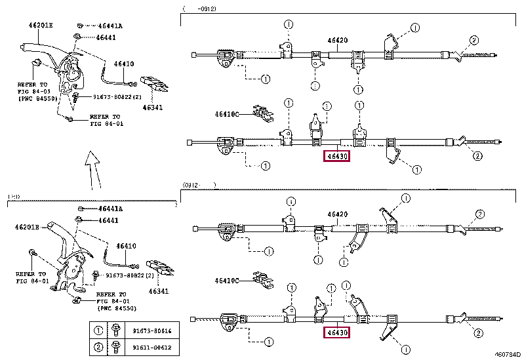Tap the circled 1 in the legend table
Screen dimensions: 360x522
coord(98,331)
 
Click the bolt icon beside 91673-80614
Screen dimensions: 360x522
coord(116,331)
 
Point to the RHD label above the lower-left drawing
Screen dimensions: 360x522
coord(14,197)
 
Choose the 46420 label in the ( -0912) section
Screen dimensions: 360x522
coord(337,41)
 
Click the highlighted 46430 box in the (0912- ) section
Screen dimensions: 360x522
coord(336,332)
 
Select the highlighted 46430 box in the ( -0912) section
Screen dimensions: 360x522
coord(336,156)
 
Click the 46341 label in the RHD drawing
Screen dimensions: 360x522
coord(158,291)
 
